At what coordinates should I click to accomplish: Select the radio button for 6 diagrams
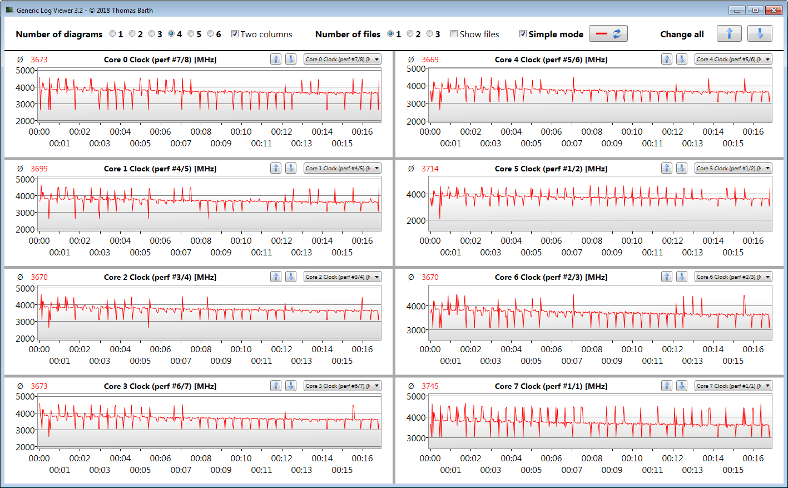(210, 34)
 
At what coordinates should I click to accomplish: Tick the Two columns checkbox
(235, 34)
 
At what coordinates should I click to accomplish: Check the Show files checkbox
(454, 34)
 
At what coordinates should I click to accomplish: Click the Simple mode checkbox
(523, 34)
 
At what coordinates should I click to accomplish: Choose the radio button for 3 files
(429, 34)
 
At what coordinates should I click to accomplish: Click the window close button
(773, 10)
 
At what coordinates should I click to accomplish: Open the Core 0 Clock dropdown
(343, 60)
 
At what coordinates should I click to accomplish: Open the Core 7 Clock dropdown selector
(734, 386)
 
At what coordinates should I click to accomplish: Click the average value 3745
(430, 386)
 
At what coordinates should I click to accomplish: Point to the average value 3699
(39, 169)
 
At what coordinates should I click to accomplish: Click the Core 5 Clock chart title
(551, 169)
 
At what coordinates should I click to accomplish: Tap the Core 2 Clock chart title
(160, 277)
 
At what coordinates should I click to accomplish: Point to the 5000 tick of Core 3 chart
(26, 397)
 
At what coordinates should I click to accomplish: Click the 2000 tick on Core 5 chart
(417, 221)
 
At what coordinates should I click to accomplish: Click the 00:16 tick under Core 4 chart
(753, 132)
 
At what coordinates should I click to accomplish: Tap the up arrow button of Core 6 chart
(666, 277)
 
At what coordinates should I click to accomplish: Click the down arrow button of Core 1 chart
(290, 169)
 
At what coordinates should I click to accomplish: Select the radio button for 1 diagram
(112, 34)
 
